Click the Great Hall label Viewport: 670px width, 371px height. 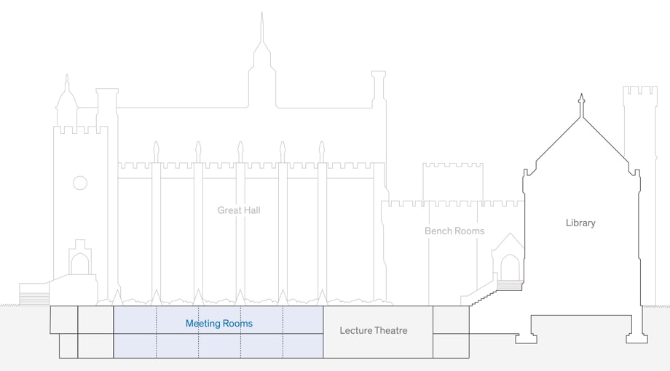click(x=239, y=210)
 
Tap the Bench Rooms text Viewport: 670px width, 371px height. click(x=454, y=231)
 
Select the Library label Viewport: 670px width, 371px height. click(x=580, y=223)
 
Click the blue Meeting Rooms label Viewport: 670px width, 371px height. click(x=218, y=323)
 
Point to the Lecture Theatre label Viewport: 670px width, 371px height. click(x=374, y=330)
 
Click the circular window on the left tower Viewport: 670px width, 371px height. click(x=80, y=183)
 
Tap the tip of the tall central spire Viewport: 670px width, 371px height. click(x=262, y=15)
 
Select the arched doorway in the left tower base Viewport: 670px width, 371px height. click(x=80, y=263)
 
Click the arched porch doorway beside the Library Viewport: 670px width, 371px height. click(x=511, y=267)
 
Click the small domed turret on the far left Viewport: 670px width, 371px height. click(x=67, y=98)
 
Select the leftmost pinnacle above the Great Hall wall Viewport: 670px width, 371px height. click(x=156, y=152)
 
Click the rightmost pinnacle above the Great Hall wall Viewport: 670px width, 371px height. click(x=321, y=152)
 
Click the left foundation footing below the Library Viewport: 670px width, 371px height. click(x=526, y=338)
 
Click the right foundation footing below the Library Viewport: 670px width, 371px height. click(x=636, y=338)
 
